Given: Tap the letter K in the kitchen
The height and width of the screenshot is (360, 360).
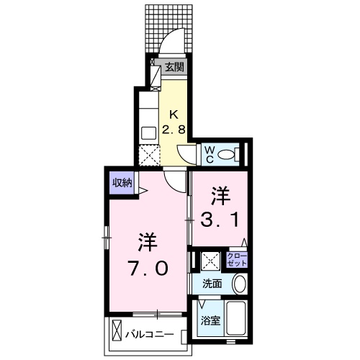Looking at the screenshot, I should click(x=174, y=113).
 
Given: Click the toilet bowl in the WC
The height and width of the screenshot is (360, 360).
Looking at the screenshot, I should click(x=227, y=153).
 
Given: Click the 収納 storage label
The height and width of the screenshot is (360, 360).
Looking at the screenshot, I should click(x=122, y=183).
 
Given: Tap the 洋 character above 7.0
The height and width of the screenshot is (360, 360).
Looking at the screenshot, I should click(x=148, y=240).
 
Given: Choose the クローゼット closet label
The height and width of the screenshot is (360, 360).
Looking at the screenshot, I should click(x=236, y=259).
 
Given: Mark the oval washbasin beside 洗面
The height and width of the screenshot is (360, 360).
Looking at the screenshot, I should click(x=240, y=284).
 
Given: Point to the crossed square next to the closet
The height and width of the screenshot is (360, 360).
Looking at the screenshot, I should click(x=211, y=259).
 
